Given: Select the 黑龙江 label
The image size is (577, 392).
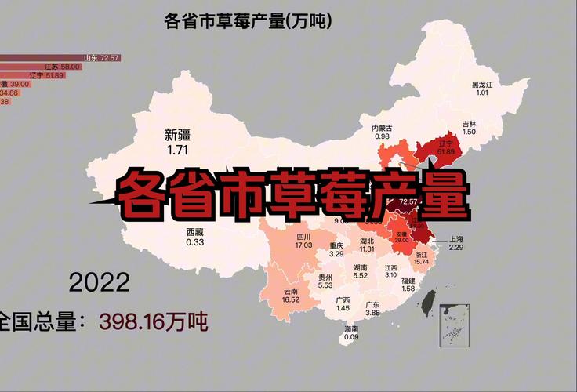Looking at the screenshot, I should (x=482, y=84).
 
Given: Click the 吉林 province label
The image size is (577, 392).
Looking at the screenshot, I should (x=469, y=124).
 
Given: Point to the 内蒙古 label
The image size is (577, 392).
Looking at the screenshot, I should (x=382, y=128).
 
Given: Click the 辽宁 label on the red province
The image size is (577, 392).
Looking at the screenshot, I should (x=447, y=143).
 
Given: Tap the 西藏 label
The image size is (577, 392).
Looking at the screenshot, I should (x=195, y=232).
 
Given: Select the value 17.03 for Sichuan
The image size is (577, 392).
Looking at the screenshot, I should (x=303, y=245).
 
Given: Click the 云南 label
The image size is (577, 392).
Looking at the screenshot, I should (x=291, y=290).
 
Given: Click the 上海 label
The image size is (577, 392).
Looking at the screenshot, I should (x=457, y=239).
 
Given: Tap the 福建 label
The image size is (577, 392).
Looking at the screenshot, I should (x=408, y=280).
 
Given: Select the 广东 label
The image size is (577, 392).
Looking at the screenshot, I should (x=373, y=304).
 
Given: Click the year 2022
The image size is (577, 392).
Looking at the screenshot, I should (x=100, y=281).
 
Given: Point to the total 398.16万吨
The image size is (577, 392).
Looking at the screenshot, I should (x=152, y=321).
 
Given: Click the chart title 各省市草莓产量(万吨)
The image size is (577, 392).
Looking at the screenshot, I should (x=248, y=20).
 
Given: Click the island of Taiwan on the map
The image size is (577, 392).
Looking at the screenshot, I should (x=429, y=301).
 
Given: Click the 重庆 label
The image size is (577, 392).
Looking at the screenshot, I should (x=336, y=245).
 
